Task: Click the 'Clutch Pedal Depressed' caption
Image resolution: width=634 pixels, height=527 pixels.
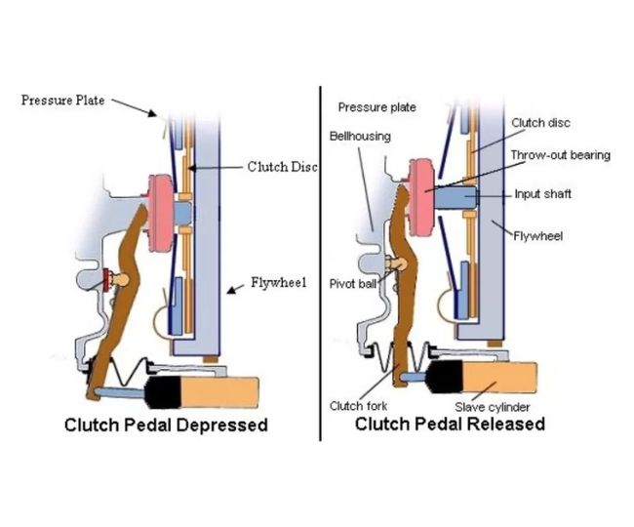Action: pos(166,426)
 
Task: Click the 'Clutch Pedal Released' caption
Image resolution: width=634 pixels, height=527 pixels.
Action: pos(450,425)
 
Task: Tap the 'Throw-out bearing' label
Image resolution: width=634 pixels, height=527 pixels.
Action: pos(560,154)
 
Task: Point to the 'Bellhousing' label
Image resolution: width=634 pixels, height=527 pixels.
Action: pos(359,136)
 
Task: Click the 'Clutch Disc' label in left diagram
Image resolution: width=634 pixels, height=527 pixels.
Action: pos(282,167)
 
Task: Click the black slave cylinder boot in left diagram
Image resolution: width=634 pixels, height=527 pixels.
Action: pos(165,395)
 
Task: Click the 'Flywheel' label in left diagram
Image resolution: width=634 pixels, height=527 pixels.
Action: pos(278,284)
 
